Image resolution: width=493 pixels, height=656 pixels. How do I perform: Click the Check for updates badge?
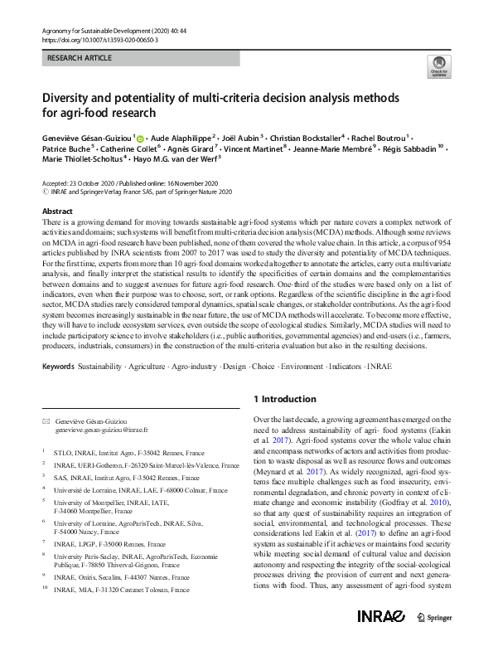438,67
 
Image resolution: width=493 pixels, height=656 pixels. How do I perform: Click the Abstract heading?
57,212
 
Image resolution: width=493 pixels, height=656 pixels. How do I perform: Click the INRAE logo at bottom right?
381,639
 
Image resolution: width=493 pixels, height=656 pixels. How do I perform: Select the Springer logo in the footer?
435,639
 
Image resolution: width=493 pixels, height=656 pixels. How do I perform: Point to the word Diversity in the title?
68,98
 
